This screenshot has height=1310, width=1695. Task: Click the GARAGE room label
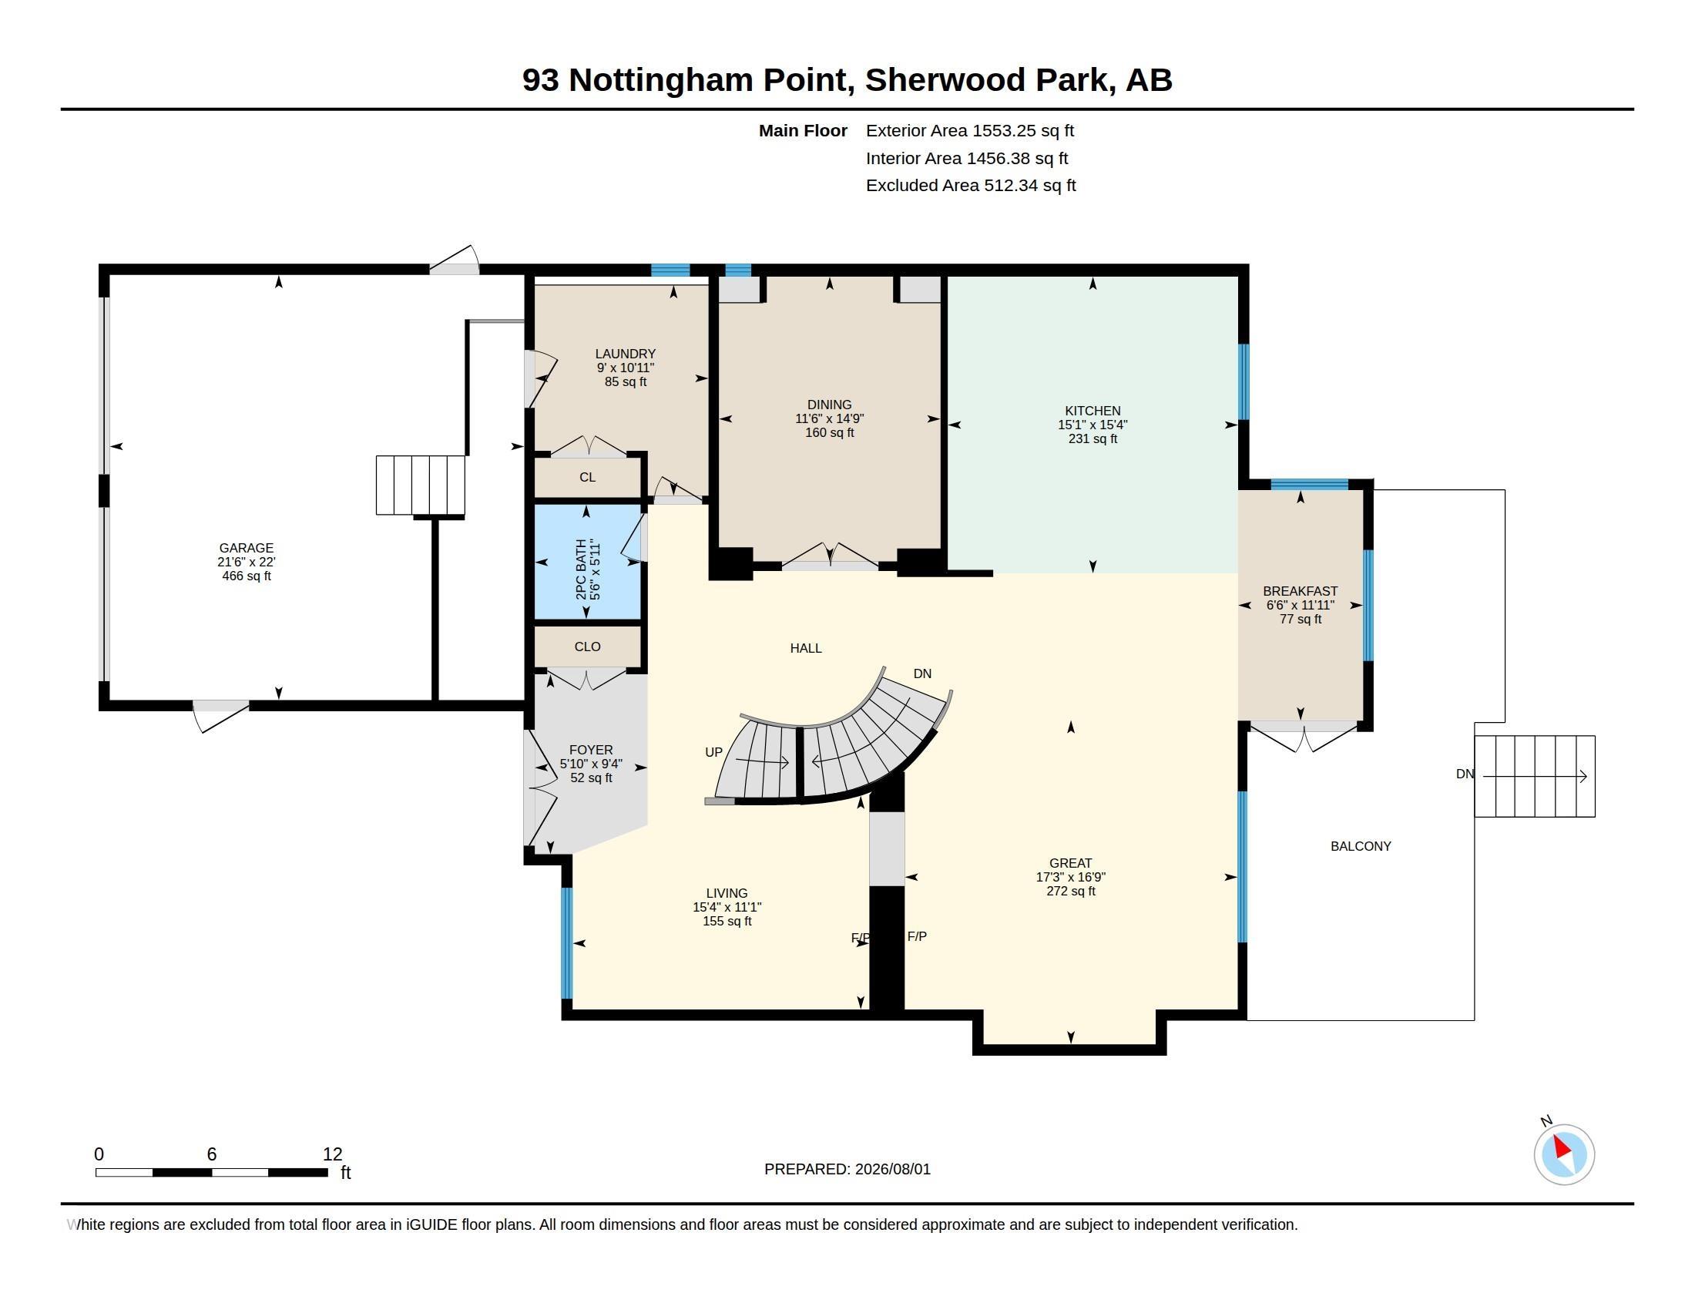pos(246,548)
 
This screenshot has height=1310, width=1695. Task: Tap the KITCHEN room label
pos(1092,411)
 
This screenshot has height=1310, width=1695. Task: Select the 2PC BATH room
pos(588,562)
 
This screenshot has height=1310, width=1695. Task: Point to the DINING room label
pos(829,405)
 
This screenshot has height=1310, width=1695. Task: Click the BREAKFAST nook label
pos(1300,591)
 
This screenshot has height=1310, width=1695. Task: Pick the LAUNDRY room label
pos(625,354)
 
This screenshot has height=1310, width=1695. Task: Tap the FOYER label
pos(591,750)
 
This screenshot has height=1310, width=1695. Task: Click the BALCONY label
pos(1361,846)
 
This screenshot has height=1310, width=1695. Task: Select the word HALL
pos(806,648)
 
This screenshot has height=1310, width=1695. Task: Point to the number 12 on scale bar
pos(332,1154)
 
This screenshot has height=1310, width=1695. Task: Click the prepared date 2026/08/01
pos(892,1170)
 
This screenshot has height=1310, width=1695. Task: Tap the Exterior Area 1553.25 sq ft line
pos(969,130)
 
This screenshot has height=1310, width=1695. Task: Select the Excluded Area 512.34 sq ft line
pos(971,186)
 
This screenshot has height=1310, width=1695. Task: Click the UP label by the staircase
pos(713,752)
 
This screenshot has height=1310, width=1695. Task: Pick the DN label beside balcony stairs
pos(1465,774)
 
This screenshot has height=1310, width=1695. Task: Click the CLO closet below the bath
pos(588,647)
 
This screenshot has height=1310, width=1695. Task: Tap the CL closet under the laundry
pos(588,477)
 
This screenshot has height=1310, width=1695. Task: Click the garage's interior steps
pos(421,485)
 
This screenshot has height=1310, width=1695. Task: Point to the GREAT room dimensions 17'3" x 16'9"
pos(1070,877)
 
